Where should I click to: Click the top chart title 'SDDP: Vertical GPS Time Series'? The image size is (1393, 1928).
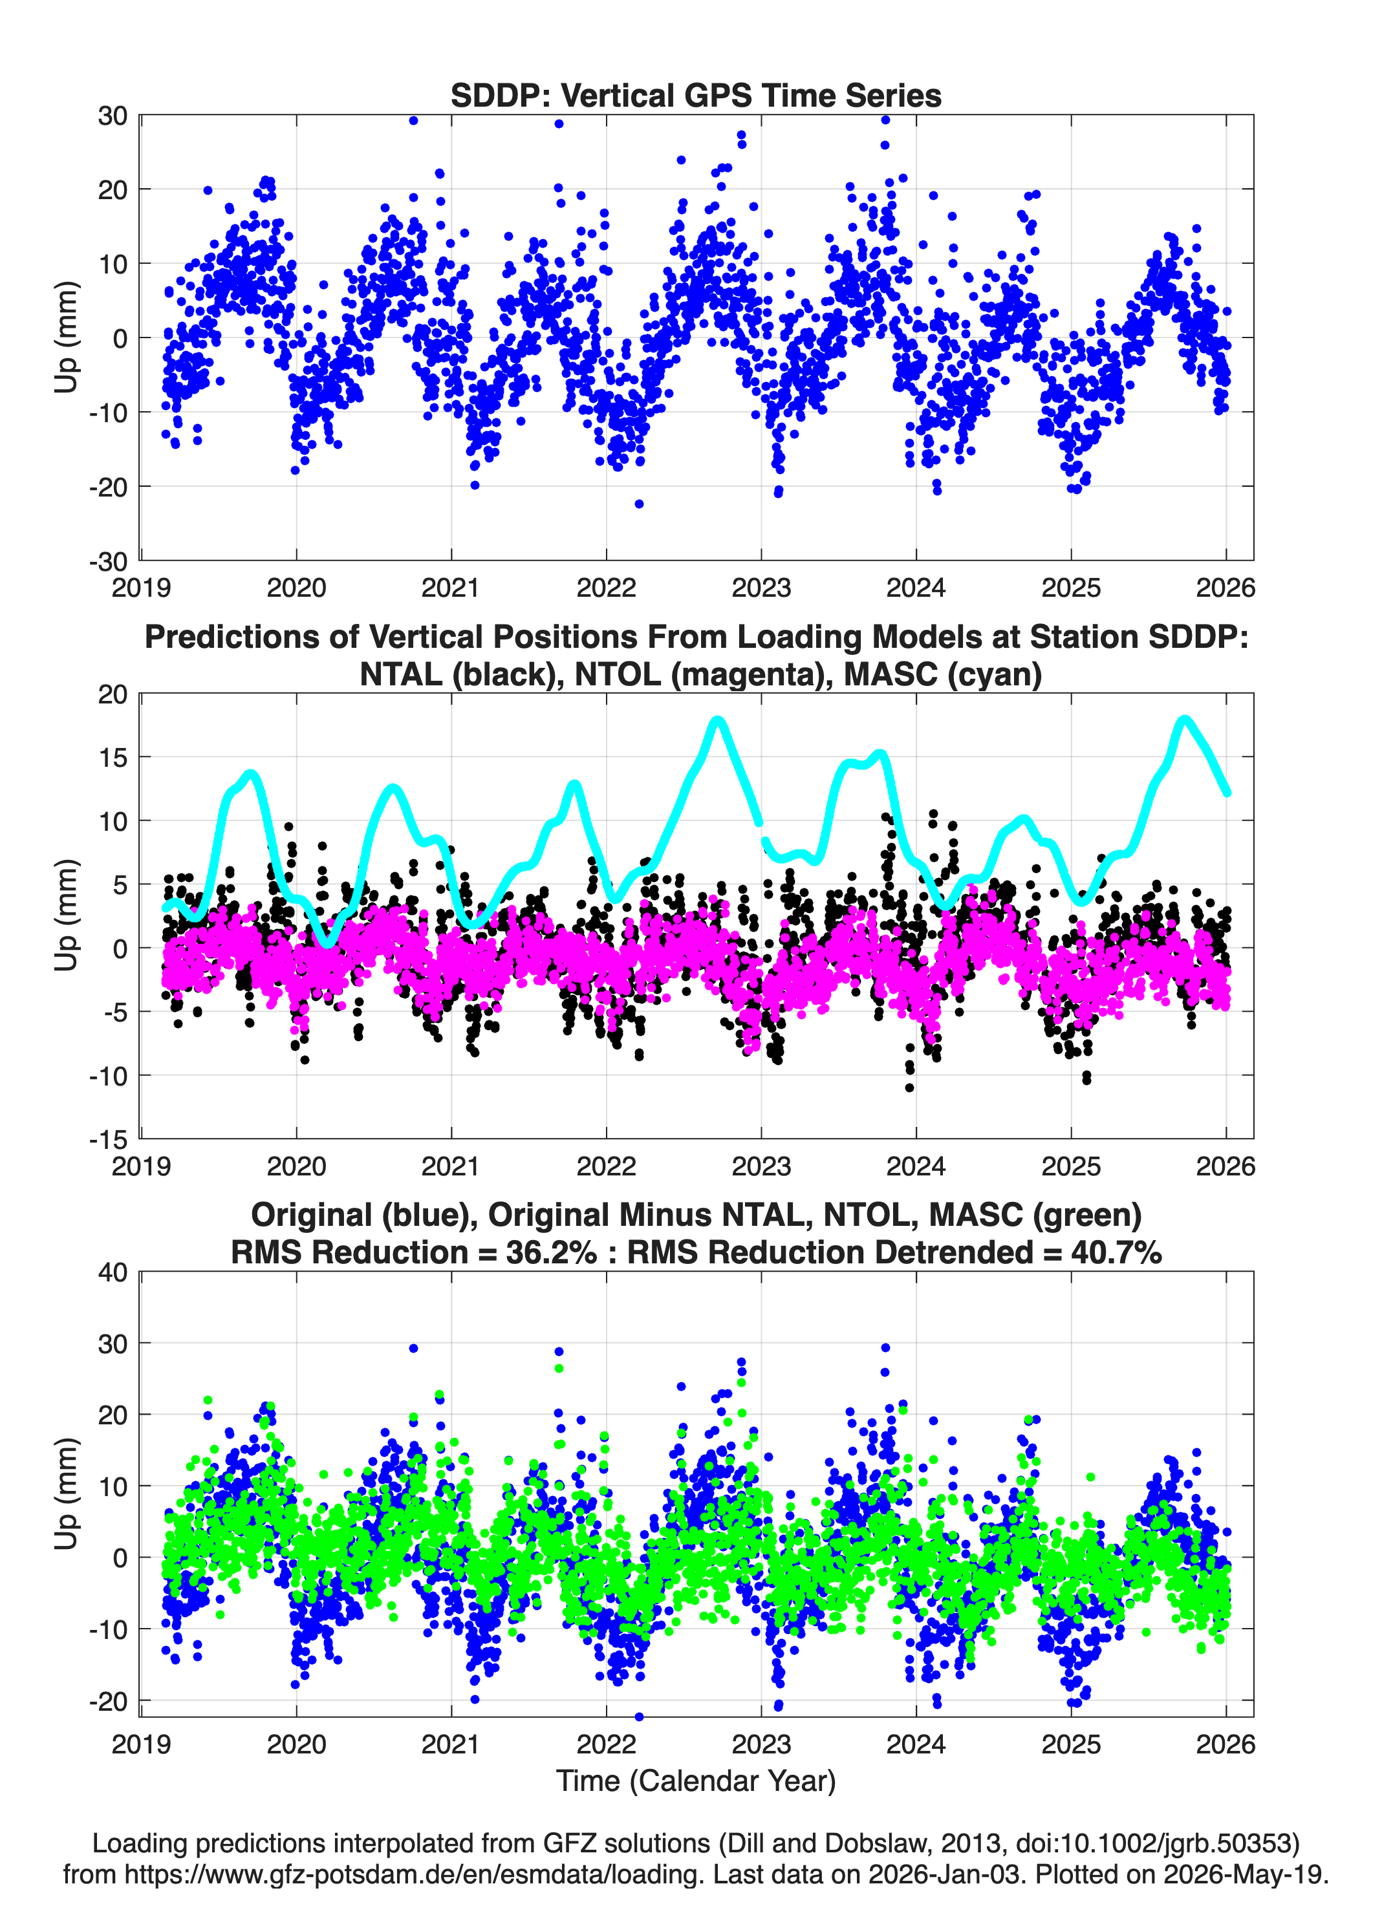696,95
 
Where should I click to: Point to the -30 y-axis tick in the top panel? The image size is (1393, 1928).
108,561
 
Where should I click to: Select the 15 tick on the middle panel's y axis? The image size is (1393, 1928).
113,756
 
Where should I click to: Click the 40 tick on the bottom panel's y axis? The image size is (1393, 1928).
113,1272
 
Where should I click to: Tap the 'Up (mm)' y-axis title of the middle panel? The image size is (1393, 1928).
67,916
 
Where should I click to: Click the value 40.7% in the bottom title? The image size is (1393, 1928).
1117,1252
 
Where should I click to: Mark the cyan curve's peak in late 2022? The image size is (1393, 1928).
718,721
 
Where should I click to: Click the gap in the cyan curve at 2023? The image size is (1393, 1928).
762,831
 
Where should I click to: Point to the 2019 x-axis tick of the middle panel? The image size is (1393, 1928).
141,1166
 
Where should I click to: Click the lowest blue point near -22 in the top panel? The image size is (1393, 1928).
640,504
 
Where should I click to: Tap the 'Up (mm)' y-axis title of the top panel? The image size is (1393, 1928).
67,337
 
